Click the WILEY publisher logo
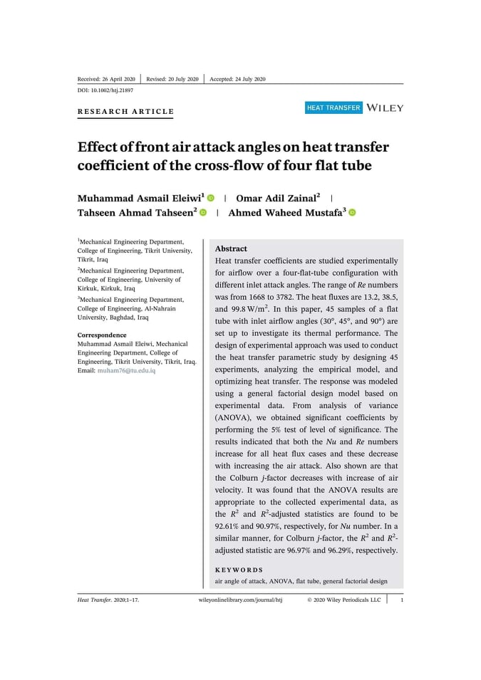pos(385,108)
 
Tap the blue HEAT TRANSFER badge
pos(333,108)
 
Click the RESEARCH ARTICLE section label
pos(125,112)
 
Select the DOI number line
pos(105,90)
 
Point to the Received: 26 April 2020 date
pos(106,78)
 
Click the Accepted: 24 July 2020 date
pos(237,78)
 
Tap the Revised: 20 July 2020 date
pos(172,78)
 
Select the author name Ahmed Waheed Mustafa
pos(286,212)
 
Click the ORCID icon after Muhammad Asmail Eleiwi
pos(211,197)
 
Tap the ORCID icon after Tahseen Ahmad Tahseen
pos(203,212)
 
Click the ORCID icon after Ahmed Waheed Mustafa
pos(352,212)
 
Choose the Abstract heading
pos(231,249)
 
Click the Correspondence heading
pos(102,335)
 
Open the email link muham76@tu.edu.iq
pos(126,371)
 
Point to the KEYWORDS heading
pos(239,570)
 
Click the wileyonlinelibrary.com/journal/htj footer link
pos(240,600)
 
